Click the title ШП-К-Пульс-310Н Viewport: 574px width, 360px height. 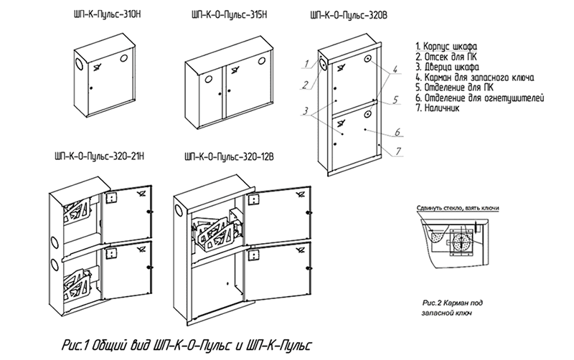[x=107, y=14]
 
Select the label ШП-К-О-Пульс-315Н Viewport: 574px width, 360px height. [x=229, y=14]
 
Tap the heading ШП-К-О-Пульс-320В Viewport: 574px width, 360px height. [x=348, y=15]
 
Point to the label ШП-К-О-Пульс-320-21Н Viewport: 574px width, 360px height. [x=99, y=156]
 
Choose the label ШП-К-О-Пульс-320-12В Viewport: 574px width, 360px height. [x=229, y=157]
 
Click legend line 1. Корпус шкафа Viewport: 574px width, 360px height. [x=446, y=47]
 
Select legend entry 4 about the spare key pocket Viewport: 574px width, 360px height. [x=475, y=77]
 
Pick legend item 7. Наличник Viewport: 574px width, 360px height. [x=438, y=108]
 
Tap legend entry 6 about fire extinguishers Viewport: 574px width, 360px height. [x=480, y=98]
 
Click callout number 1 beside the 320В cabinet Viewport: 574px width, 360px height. [x=308, y=64]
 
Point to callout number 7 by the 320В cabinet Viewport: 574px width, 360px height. [x=398, y=151]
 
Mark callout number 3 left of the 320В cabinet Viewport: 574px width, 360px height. [x=306, y=111]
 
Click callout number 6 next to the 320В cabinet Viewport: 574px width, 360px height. [x=397, y=132]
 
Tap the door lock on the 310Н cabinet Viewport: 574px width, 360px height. [x=91, y=87]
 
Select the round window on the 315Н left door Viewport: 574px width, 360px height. [x=208, y=79]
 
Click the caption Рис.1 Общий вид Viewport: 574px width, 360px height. [x=187, y=345]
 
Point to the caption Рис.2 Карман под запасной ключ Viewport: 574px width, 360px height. [x=452, y=308]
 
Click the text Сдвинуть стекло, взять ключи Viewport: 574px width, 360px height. [x=458, y=208]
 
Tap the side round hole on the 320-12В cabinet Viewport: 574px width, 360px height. [x=178, y=210]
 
